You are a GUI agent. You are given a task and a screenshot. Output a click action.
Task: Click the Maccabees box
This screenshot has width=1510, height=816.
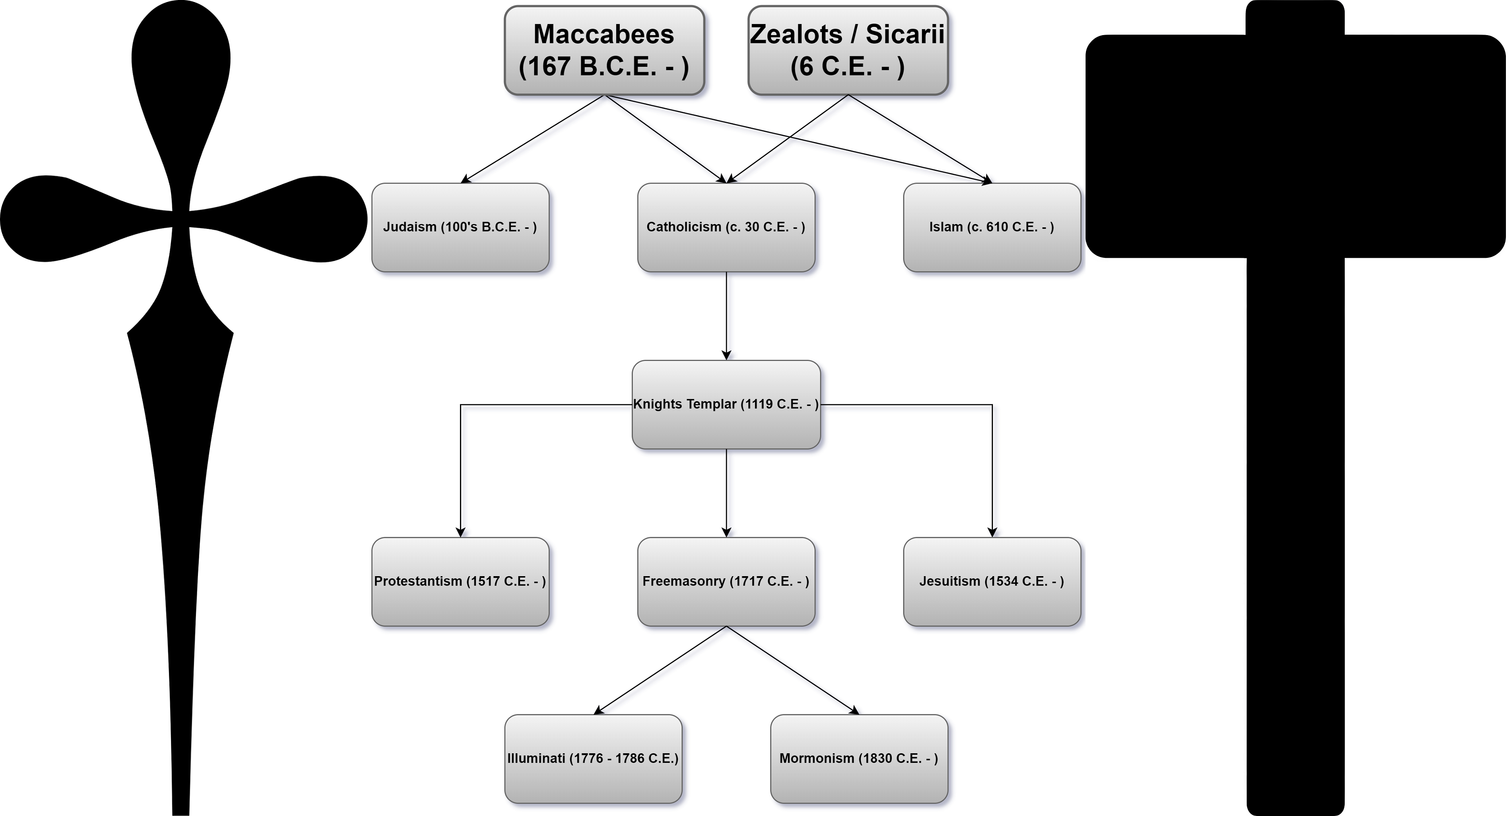(605, 51)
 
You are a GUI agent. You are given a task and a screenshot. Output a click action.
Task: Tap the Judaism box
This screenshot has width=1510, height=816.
(461, 227)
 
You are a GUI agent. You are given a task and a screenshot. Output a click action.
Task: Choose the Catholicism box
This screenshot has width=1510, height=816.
(727, 227)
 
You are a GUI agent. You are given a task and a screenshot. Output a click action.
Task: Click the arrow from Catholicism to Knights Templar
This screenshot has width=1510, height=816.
(727, 316)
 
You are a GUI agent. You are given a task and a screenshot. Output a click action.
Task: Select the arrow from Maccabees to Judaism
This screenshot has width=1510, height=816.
(533, 139)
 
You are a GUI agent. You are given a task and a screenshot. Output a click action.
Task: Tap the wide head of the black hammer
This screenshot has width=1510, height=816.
(1295, 146)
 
